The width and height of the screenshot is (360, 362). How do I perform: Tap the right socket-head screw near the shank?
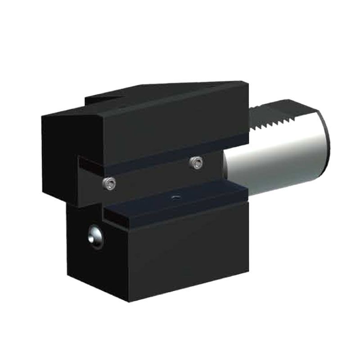pyautogui.click(x=195, y=162)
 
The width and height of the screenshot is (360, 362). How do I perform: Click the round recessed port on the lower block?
pyautogui.click(x=95, y=236)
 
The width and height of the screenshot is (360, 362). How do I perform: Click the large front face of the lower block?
pyautogui.click(x=189, y=256)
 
